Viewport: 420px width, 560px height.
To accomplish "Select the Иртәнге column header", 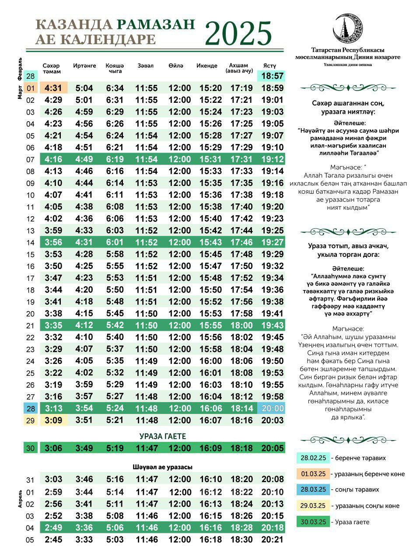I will point(84,66).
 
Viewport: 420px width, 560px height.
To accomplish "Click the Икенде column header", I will point(207,66).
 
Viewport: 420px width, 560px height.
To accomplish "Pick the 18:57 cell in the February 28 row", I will point(272,76).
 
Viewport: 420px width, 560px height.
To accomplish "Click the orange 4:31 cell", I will point(53,88).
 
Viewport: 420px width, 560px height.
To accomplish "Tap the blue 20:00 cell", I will point(272,408).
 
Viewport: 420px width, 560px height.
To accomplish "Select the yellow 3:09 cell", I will point(53,420).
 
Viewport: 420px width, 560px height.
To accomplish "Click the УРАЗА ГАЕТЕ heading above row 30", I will point(163,436).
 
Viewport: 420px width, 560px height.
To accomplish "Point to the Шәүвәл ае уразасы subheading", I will point(163,467).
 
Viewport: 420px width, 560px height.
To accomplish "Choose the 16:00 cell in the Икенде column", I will point(210,361).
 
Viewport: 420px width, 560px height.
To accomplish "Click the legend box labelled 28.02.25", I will point(312,458).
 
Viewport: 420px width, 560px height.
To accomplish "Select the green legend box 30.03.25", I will point(312,521).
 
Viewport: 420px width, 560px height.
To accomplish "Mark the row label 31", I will point(30,479).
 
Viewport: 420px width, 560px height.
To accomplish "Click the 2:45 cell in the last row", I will point(53,539).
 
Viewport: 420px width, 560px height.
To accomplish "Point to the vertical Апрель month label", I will point(20,498).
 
